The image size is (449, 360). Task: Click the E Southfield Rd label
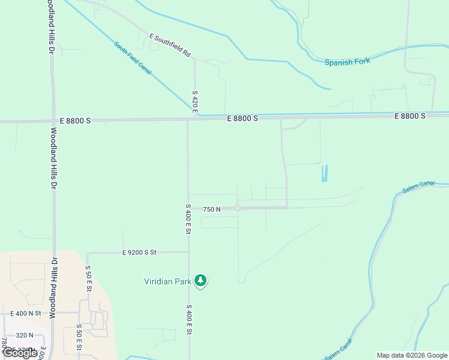pos(170,46)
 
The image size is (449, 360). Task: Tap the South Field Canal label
pos(133,58)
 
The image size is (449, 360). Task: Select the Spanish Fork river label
pos(348,61)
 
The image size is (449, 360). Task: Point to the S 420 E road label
pos(195,101)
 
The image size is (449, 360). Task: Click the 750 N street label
pos(212,209)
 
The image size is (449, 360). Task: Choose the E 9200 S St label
pos(139,253)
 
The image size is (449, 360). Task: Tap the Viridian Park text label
pos(167,281)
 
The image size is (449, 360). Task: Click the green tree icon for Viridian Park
pos(200,280)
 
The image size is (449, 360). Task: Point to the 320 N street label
pos(25,335)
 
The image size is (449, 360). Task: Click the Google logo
pos(20,353)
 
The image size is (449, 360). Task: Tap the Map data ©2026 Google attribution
pos(412,355)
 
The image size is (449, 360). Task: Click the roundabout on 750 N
pos(238,208)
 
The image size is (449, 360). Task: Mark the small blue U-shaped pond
pos(325,173)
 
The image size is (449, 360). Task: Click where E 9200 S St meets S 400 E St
pos(188,252)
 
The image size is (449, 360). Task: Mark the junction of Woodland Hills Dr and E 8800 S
pos(53,121)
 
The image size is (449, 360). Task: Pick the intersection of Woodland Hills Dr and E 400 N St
pos(54,313)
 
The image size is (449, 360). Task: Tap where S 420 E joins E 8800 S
pos(194,119)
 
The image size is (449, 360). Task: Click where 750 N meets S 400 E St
pos(188,209)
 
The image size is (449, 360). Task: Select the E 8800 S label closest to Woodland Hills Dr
pos(75,121)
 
